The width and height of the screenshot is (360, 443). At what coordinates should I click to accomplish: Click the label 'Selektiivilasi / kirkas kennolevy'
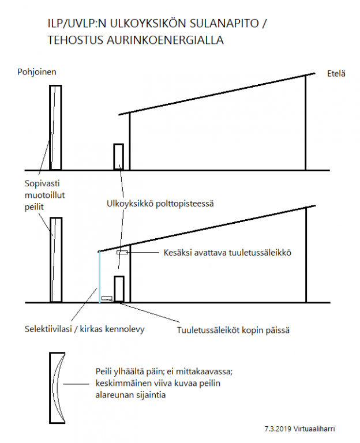(84, 329)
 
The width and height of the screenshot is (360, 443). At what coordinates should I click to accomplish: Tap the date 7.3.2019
(276, 429)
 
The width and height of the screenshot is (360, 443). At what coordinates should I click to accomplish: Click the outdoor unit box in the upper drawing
(119, 157)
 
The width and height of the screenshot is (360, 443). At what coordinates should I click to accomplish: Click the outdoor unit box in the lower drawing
(119, 289)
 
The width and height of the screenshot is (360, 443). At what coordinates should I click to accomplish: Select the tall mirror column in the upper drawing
(55, 127)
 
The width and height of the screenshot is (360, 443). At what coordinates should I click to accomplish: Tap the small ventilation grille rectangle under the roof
(122, 253)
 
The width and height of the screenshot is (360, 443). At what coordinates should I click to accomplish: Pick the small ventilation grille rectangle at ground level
(107, 298)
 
